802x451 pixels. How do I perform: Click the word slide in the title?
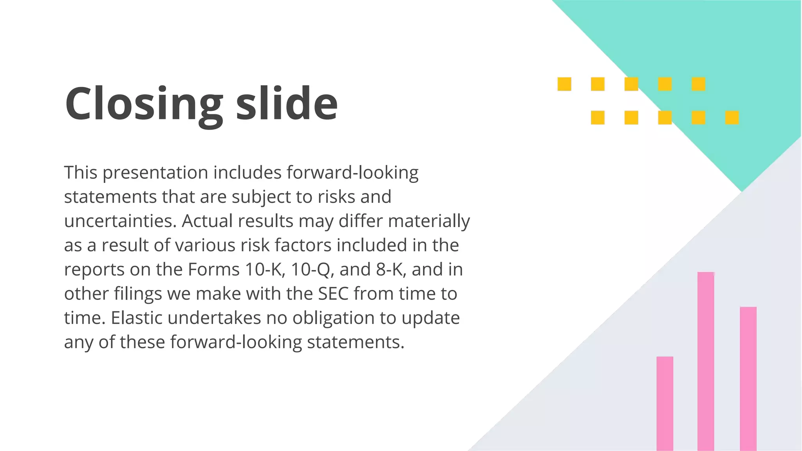[x=287, y=103]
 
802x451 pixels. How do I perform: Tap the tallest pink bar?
[x=706, y=360]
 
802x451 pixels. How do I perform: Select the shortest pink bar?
[x=665, y=403]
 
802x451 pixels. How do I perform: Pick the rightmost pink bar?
[x=748, y=378]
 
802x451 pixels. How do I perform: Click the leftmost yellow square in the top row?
[x=564, y=84]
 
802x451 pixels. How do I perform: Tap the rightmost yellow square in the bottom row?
[x=732, y=117]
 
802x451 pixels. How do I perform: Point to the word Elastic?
[x=137, y=318]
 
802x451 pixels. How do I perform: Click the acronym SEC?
[x=333, y=294]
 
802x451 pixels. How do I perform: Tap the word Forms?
[x=214, y=269]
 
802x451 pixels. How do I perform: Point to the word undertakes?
[x=214, y=318]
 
